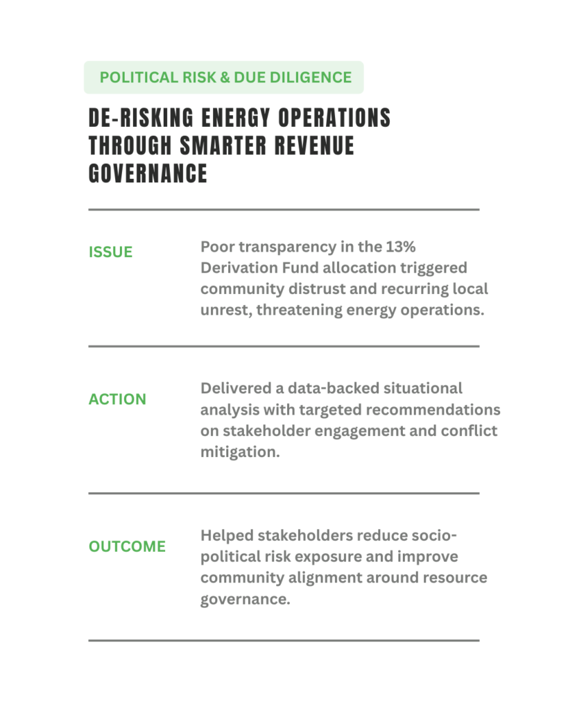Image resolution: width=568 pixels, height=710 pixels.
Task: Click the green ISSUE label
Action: pyautogui.click(x=110, y=252)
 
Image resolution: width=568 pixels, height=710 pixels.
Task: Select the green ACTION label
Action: pyautogui.click(x=117, y=399)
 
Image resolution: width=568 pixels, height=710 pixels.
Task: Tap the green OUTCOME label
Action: pyautogui.click(x=127, y=546)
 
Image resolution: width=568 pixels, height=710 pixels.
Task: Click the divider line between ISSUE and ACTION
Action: pyautogui.click(x=284, y=346)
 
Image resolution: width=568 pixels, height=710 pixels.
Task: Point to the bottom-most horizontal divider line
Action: pyautogui.click(x=284, y=640)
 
